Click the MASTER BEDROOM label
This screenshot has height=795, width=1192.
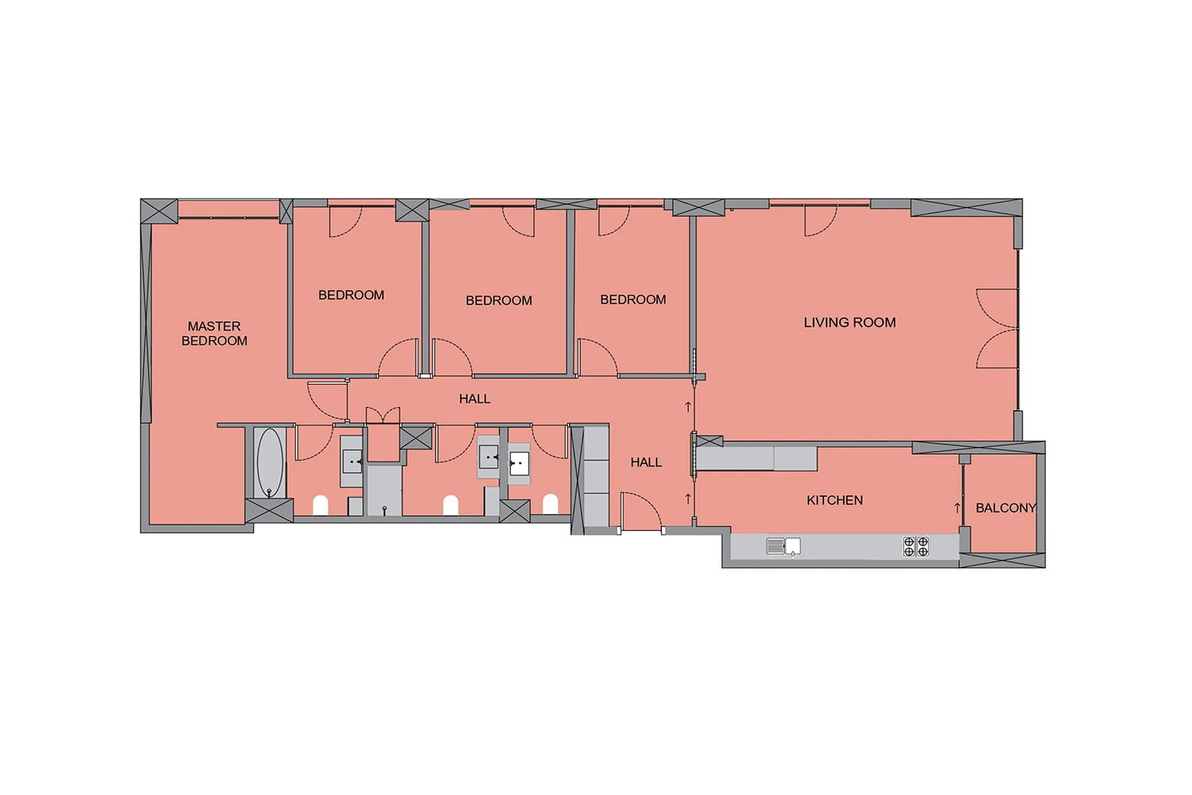coord(215,333)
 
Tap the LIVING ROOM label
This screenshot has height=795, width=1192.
coord(849,322)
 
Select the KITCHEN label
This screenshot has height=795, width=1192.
coord(835,500)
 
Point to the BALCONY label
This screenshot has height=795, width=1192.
coord(1006,508)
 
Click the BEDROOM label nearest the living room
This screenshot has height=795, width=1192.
coord(633,299)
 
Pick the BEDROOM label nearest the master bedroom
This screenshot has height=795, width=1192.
coord(351,295)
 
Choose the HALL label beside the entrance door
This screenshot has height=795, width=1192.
coord(646,462)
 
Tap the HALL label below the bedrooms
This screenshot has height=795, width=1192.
coord(474,399)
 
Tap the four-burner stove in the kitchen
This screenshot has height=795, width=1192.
coord(915,546)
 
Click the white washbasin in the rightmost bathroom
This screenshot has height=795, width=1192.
coord(519,463)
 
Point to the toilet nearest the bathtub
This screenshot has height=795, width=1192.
coord(320,506)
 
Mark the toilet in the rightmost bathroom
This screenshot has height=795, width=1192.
coord(550,504)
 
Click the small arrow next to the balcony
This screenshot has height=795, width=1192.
coord(958,508)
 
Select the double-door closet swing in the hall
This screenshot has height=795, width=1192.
coord(383,415)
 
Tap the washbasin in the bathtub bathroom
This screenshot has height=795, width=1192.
coord(352,461)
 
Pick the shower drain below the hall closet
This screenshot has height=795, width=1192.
coord(384,510)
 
